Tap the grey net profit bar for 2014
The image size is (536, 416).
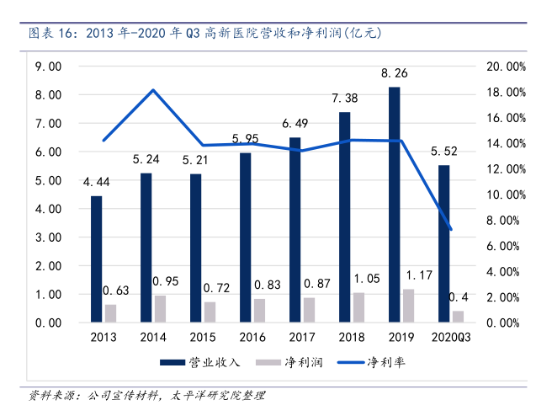160,309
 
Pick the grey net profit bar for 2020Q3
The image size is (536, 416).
458,317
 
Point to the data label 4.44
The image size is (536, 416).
97,182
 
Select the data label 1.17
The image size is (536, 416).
419,275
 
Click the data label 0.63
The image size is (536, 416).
117,291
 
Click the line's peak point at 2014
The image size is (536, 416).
153,90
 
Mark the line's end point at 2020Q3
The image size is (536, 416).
451,229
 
